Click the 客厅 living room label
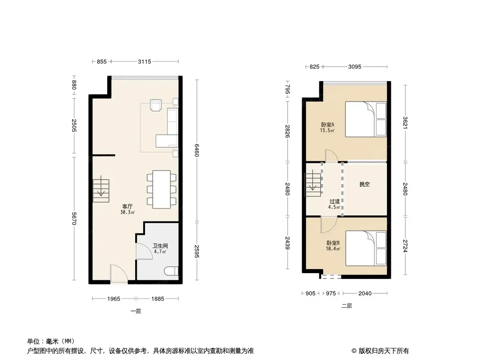coord(127,206)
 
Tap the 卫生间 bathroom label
coord(160,246)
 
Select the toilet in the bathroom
coord(171,271)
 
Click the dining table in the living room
coord(162,189)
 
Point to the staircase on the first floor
coord(101,190)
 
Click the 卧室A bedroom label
coord(327,125)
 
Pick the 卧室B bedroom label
coord(333,243)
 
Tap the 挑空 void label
coord(364,184)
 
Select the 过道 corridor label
coord(335,201)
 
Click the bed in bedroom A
coord(366,119)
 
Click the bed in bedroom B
coord(366,248)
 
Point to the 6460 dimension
coord(197,150)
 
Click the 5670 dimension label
coord(74,219)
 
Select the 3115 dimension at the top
coord(145,62)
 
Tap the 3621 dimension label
coord(405,123)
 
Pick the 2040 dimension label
coord(365,293)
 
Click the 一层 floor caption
coord(136,311)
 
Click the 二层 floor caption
coord(347,306)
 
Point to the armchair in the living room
coord(156,105)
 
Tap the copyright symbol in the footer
coord(354,351)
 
